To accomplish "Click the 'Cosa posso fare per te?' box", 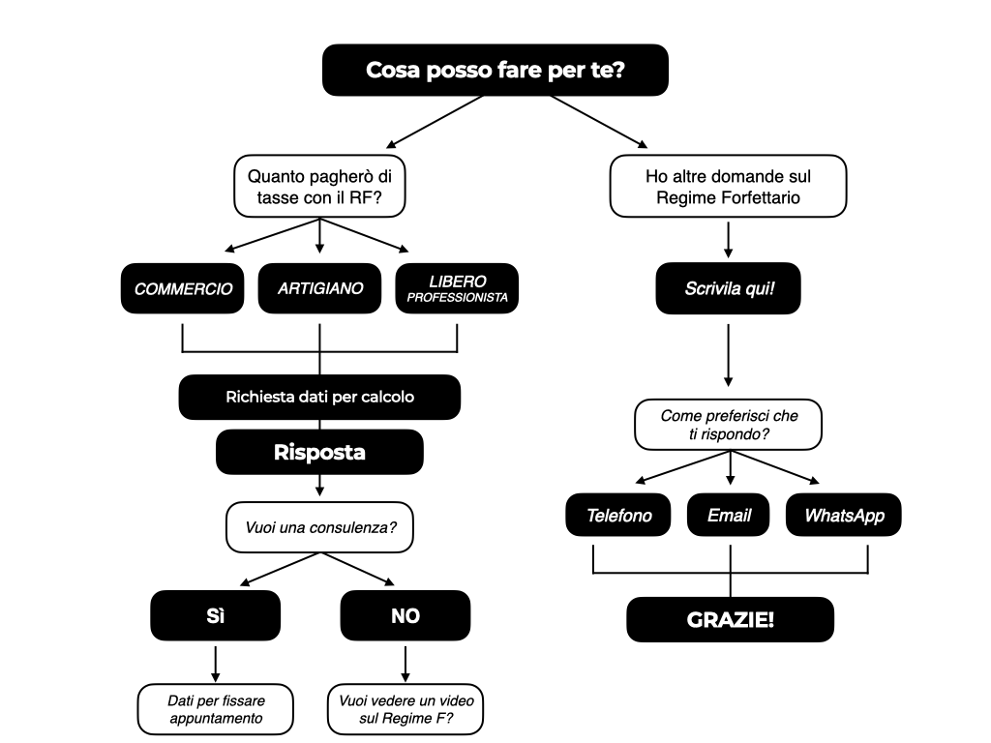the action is [495, 70].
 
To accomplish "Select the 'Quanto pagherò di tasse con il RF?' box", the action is [319, 187].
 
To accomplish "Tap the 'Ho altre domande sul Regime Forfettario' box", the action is [728, 187].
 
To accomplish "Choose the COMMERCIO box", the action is [183, 288].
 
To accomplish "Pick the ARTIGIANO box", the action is [319, 288].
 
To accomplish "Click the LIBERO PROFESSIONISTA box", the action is [457, 288].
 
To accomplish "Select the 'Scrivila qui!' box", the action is [728, 288].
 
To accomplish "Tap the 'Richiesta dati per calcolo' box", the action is [319, 397].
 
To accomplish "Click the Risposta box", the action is [319, 453].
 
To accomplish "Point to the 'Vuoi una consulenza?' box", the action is [319, 527].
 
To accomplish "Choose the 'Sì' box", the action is [216, 615].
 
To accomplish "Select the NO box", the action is [405, 615].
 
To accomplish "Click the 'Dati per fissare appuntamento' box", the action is [216, 709].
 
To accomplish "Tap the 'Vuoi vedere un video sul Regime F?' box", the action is [405, 709].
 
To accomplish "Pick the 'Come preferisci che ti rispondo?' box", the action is [728, 425].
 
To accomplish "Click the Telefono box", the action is [618, 515].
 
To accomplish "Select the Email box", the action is [728, 515].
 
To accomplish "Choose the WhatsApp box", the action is [844, 515].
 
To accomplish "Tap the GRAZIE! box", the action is [730, 619].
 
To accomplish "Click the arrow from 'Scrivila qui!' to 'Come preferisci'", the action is [728, 355].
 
